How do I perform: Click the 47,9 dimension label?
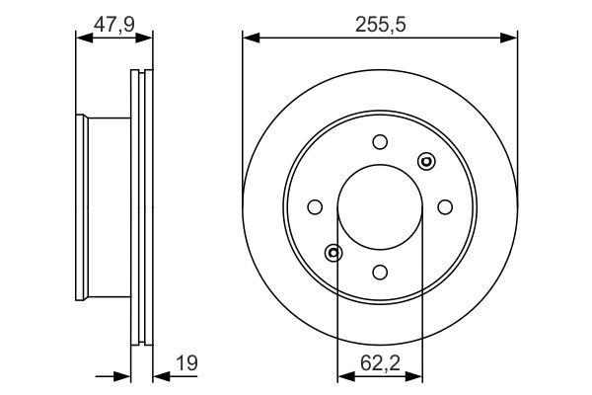(114, 25)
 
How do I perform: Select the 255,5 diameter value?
(380, 25)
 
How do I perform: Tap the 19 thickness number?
(186, 363)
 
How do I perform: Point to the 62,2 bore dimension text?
(380, 363)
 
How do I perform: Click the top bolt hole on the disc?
(380, 142)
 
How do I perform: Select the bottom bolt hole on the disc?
(380, 273)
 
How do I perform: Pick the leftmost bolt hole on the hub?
(315, 207)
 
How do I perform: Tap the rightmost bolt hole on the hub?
(445, 207)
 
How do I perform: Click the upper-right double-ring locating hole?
(426, 162)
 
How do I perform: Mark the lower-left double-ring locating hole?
(333, 253)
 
